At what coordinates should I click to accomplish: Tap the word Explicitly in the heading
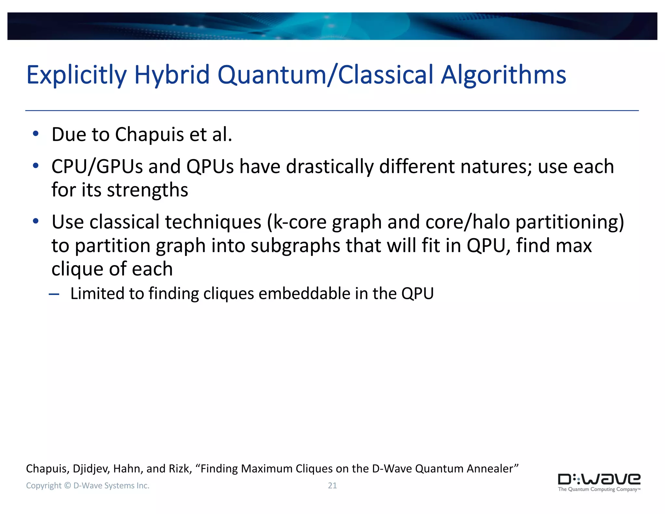coord(76,75)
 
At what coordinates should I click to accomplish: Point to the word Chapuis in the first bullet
coord(149,135)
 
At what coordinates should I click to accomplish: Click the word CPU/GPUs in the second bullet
coord(97,167)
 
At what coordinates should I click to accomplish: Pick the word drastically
coord(330,167)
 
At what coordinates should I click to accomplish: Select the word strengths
coord(147,190)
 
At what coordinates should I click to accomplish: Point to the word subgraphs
coord(295,246)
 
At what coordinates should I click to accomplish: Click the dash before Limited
coord(54,294)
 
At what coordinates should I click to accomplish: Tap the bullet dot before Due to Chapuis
coord(36,134)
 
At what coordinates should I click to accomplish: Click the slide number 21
coord(332,485)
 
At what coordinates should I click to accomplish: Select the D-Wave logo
coord(599,479)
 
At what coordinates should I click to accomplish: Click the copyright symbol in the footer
coord(67,485)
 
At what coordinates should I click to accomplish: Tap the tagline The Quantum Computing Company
coord(598,489)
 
